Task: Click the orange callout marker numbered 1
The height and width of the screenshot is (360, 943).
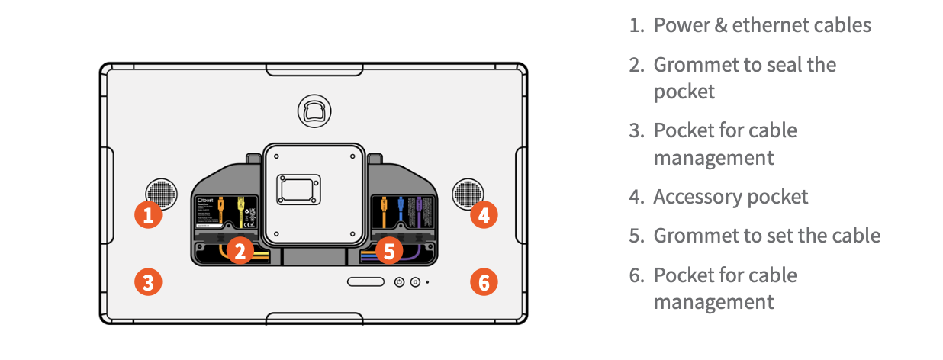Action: [149, 215]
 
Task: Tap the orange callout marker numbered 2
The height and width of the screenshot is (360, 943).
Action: [240, 250]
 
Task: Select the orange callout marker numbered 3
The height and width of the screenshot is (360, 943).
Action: [149, 283]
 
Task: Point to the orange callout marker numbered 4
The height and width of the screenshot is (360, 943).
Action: [483, 215]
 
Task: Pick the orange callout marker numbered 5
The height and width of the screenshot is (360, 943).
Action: [389, 250]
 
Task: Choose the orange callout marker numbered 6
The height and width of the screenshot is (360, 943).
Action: [483, 283]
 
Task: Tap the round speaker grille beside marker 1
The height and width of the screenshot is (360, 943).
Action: [161, 194]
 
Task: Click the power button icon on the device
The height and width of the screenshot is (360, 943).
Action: [399, 282]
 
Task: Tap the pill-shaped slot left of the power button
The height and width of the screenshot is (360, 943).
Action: [366, 282]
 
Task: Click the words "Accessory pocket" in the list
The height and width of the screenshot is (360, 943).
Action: [730, 197]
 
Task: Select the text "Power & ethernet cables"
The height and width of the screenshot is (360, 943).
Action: [761, 25]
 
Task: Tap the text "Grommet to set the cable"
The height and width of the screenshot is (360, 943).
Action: [766, 235]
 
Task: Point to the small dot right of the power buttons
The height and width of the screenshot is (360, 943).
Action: [427, 282]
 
